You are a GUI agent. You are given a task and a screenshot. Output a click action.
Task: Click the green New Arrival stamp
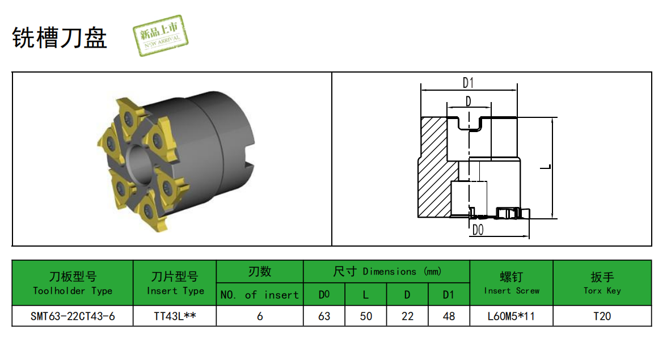point(161,36)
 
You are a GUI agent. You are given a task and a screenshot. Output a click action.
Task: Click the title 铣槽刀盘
point(60,37)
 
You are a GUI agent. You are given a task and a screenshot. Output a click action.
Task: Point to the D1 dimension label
point(468,83)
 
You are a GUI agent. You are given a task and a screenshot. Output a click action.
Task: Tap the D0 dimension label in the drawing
point(478,230)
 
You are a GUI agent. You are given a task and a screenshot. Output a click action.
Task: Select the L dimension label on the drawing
point(546,167)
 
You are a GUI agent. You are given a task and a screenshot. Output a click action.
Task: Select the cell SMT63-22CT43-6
point(73,316)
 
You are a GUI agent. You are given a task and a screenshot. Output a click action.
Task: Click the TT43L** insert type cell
point(175,316)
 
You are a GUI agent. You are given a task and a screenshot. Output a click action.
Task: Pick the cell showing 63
point(324,316)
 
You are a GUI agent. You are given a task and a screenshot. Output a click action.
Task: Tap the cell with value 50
point(365,316)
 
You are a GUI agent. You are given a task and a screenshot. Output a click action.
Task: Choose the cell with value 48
point(449,316)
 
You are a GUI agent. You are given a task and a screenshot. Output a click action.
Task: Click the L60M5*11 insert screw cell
point(511,316)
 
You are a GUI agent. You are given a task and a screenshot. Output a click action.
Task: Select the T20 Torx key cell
point(602,316)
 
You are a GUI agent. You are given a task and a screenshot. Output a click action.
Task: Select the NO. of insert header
point(259,295)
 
